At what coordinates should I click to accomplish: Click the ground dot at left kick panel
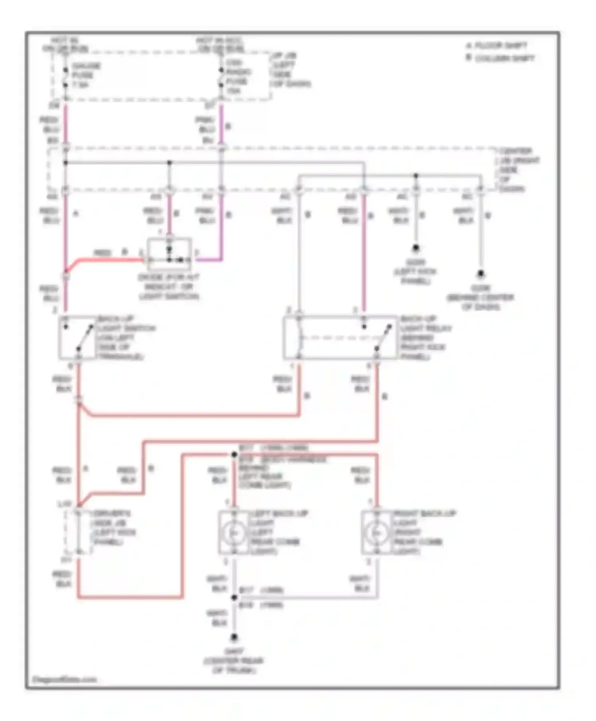click(x=416, y=248)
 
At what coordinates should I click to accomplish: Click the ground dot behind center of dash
click(x=480, y=273)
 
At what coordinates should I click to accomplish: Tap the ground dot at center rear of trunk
click(x=234, y=638)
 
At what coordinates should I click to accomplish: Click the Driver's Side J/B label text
click(x=113, y=528)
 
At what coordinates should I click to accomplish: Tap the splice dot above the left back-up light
click(x=234, y=454)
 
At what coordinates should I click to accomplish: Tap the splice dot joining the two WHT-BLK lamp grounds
click(x=234, y=597)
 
